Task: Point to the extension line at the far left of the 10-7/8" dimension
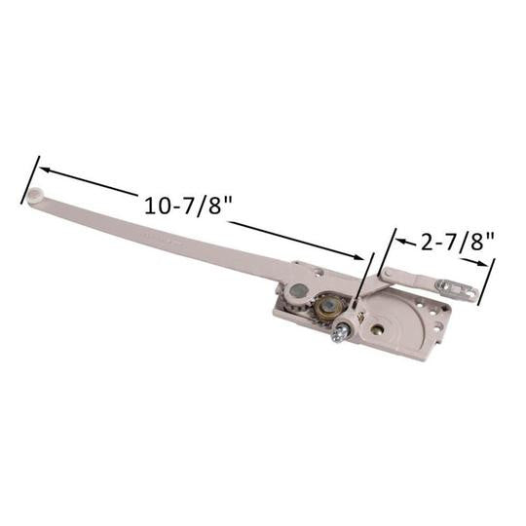29,179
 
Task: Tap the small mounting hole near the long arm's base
315,274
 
